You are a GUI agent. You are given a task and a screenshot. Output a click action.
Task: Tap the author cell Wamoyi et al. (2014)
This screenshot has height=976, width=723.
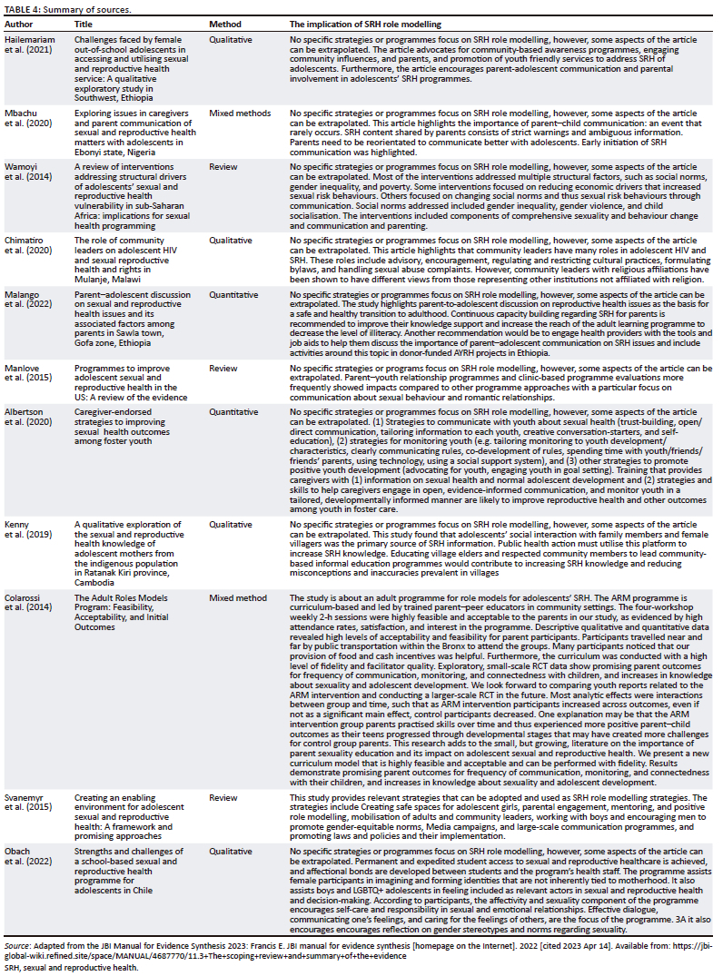click(27, 173)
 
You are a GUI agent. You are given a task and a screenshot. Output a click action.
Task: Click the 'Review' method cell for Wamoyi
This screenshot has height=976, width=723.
click(224, 168)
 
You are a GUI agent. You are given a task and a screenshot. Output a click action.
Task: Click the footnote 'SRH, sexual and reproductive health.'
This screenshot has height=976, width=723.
click(68, 968)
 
